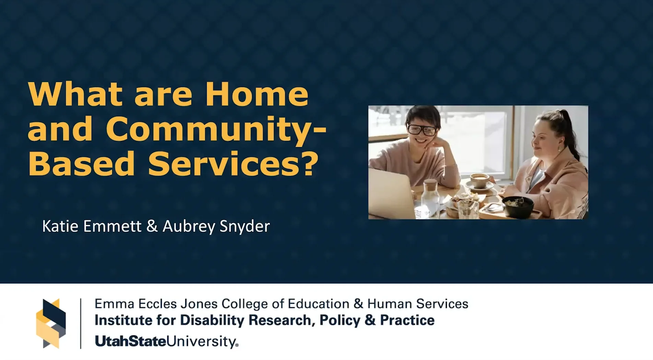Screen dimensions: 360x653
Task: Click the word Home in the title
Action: [x=257, y=94]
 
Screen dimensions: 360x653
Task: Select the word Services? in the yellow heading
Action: [x=233, y=164]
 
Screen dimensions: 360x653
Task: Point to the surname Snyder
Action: [x=245, y=226]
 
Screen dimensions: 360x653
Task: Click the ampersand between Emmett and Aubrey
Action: [x=152, y=226]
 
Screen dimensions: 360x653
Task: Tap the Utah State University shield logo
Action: [x=51, y=323]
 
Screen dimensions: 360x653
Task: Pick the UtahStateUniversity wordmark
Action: [x=166, y=341]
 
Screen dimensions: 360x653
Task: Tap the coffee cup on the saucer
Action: [x=479, y=180]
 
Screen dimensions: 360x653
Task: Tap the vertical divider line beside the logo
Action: [x=81, y=323]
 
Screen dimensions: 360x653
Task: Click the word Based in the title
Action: [x=81, y=164]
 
